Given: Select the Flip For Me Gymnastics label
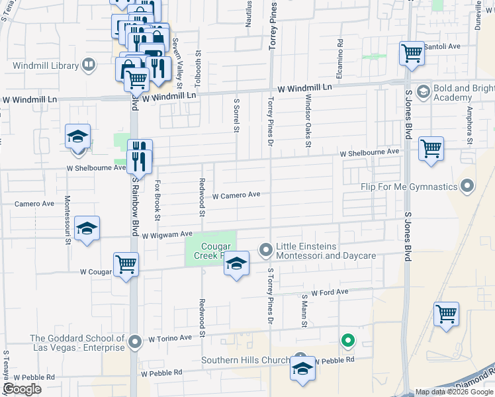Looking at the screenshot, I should click(x=410, y=186).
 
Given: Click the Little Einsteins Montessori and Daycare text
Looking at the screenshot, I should click(x=326, y=251).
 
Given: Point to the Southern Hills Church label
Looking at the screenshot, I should click(x=245, y=361).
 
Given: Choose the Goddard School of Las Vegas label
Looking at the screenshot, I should click(x=77, y=343).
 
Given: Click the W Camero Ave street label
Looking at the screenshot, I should click(x=236, y=195).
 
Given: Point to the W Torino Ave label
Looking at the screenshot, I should click(x=169, y=338).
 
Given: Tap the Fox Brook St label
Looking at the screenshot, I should click(x=157, y=200).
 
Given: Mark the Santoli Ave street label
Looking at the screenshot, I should click(x=442, y=46).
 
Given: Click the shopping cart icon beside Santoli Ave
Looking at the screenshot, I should click(x=412, y=53).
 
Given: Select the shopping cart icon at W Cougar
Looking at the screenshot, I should click(x=125, y=265).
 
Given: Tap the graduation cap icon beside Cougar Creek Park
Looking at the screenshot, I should click(x=236, y=263).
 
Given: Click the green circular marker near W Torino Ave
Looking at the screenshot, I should click(x=347, y=341).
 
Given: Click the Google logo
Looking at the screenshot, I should click(x=22, y=389).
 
